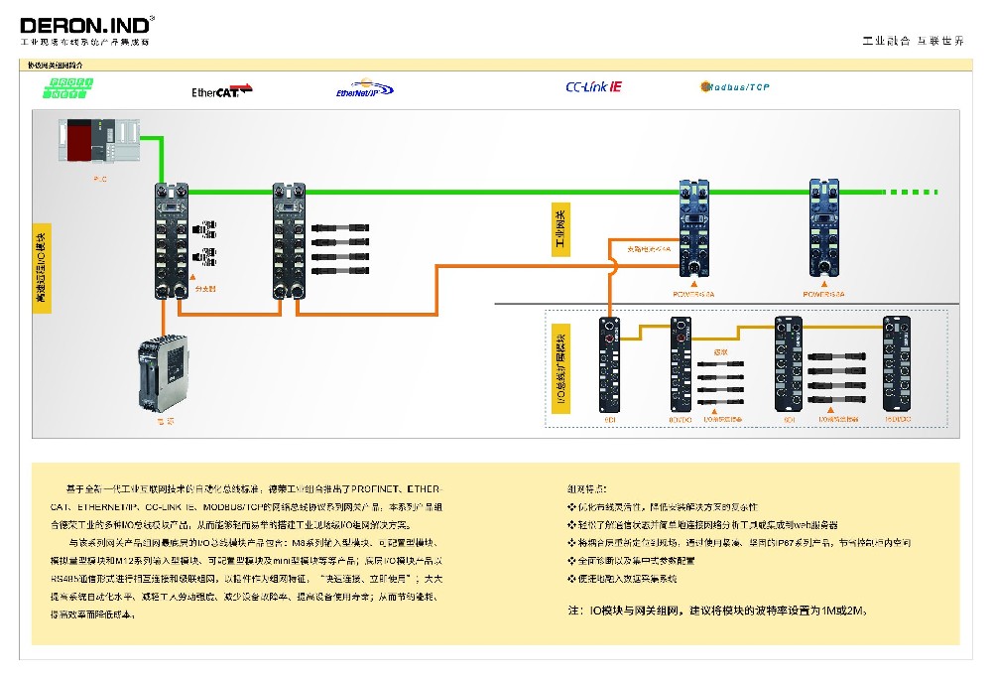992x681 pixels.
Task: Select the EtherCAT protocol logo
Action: coord(221,91)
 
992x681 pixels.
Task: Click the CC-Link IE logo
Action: coord(593,86)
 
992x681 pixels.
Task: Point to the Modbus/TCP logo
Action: coord(735,87)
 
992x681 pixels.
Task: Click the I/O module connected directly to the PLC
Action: coord(170,241)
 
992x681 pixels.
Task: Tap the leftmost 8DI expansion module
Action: coord(608,363)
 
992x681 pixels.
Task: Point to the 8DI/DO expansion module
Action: coord(680,363)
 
